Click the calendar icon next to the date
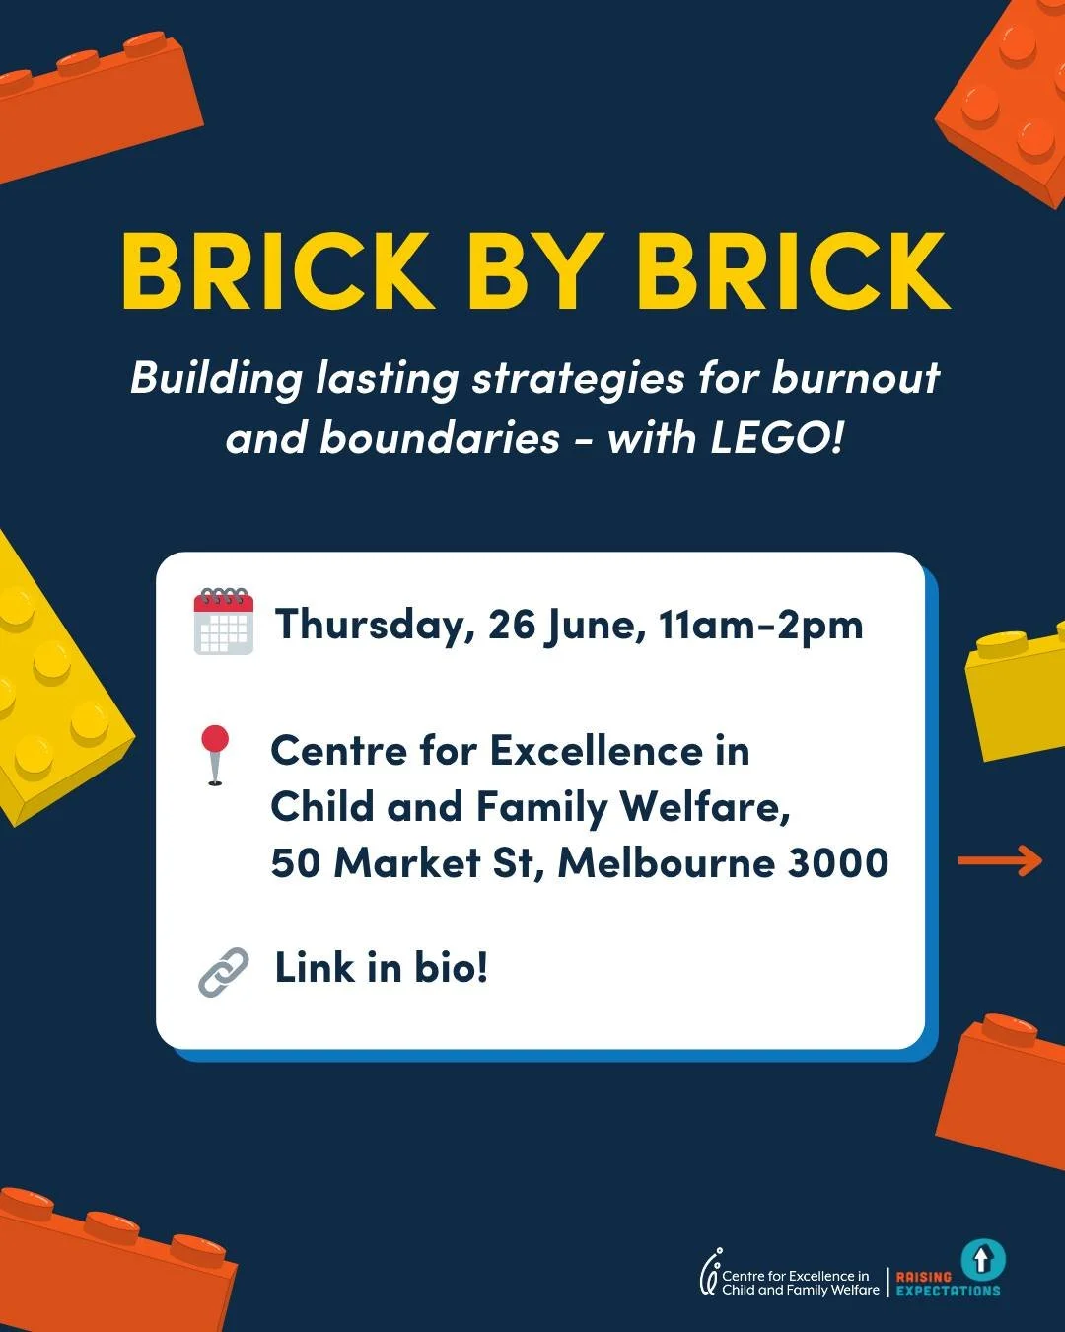(x=224, y=621)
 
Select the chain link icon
(x=224, y=972)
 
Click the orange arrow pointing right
(x=1000, y=860)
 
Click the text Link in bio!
(x=381, y=968)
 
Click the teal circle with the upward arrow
(x=981, y=1259)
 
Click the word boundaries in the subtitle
(x=440, y=437)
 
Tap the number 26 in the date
(x=511, y=625)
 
